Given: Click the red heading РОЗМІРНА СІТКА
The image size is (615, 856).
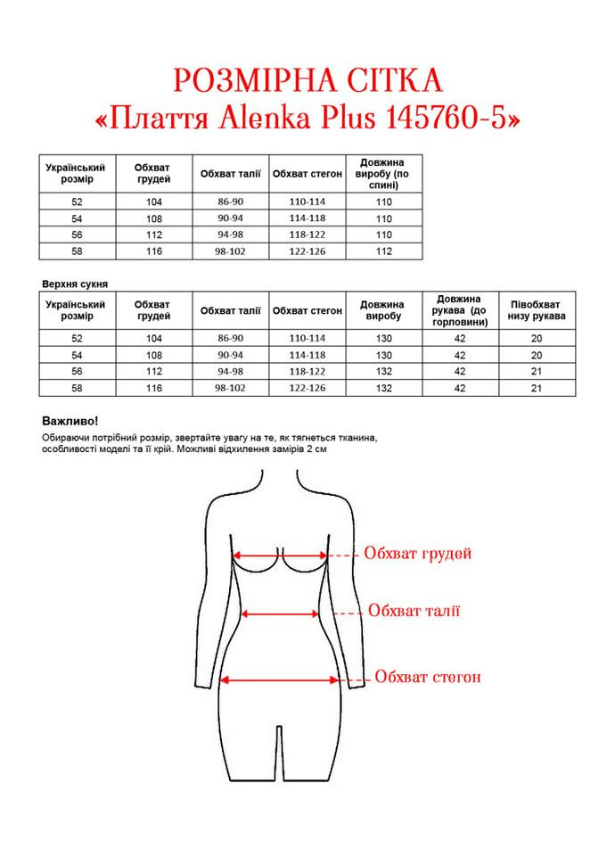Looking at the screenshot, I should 307,81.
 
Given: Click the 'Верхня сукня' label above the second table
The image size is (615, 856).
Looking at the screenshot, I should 75,284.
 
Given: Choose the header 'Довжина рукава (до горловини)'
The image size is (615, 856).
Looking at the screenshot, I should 460,310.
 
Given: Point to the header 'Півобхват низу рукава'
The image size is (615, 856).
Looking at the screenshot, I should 537,310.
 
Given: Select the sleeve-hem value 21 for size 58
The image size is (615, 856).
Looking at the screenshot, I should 537,388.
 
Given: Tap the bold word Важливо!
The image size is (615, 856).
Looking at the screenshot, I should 70,420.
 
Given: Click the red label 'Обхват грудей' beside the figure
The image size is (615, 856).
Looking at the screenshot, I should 417,554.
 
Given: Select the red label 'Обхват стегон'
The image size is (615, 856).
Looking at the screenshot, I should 428,677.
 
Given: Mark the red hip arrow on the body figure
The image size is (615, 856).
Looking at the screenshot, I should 280,679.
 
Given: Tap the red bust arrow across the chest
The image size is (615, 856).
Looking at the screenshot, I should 280,555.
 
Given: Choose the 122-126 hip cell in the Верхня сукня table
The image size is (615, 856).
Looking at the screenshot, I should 307,388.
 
